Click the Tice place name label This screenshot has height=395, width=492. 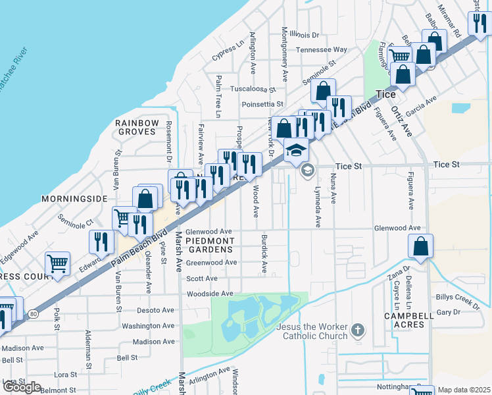tap(385, 94)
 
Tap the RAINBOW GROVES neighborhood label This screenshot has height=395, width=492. tap(137, 127)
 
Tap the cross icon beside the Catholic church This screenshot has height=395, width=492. tap(357, 330)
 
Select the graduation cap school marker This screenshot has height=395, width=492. tap(296, 151)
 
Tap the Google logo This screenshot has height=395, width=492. tap(22, 387)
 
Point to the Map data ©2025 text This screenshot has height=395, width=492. tap(464, 390)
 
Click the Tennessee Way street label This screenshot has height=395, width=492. tap(321, 49)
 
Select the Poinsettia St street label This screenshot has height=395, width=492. tap(262, 104)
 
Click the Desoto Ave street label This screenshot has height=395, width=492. tap(155, 309)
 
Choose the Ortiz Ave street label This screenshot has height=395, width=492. tap(401, 121)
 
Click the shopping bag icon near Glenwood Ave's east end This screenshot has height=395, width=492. tap(420, 247)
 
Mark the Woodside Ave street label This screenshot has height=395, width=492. tap(209, 294)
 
